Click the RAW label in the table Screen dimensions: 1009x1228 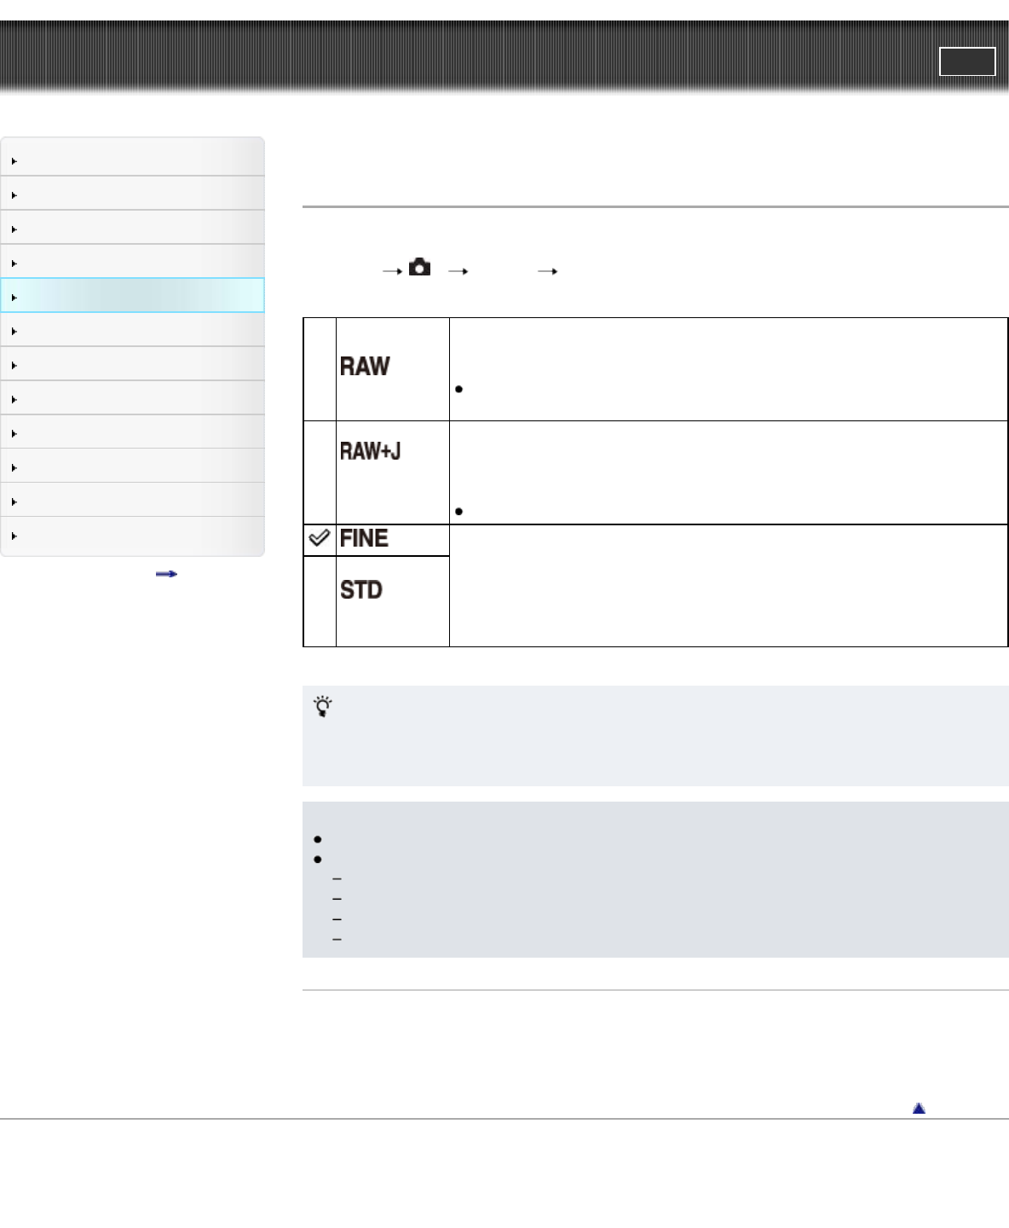click(x=365, y=367)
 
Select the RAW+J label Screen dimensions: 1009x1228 click(x=371, y=451)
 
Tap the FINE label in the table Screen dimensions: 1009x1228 click(x=364, y=539)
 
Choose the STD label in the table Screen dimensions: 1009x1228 click(x=361, y=590)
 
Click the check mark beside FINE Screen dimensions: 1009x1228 click(x=319, y=538)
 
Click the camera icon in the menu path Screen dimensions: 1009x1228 click(x=419, y=268)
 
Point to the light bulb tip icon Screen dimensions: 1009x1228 click(x=323, y=706)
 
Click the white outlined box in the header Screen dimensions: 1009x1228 click(x=967, y=61)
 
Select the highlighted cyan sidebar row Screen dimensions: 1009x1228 click(x=133, y=296)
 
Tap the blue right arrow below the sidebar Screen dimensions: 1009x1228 click(x=166, y=574)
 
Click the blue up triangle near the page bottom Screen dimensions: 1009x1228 click(x=919, y=1109)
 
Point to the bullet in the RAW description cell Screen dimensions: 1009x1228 click(x=459, y=390)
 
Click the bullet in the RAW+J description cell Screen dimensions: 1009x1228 click(x=459, y=512)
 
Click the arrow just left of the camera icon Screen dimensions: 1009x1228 click(x=392, y=271)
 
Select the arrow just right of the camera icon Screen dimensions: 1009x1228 click(x=458, y=271)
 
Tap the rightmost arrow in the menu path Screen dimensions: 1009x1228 click(x=547, y=271)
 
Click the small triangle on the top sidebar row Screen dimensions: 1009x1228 click(x=14, y=161)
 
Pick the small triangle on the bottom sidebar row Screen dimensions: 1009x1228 click(x=14, y=536)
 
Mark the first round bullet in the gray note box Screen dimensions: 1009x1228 click(x=318, y=840)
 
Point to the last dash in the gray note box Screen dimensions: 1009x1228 click(x=337, y=940)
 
